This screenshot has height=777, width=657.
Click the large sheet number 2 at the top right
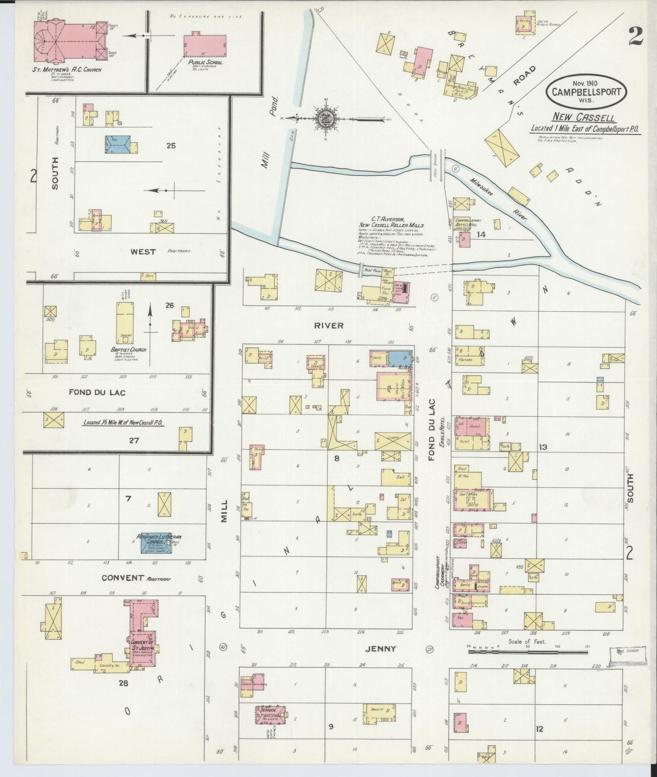coord(636,35)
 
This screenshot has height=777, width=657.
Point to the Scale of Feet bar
coord(527,651)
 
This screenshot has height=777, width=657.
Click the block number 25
coord(171,146)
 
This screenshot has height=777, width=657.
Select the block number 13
coord(542,447)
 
